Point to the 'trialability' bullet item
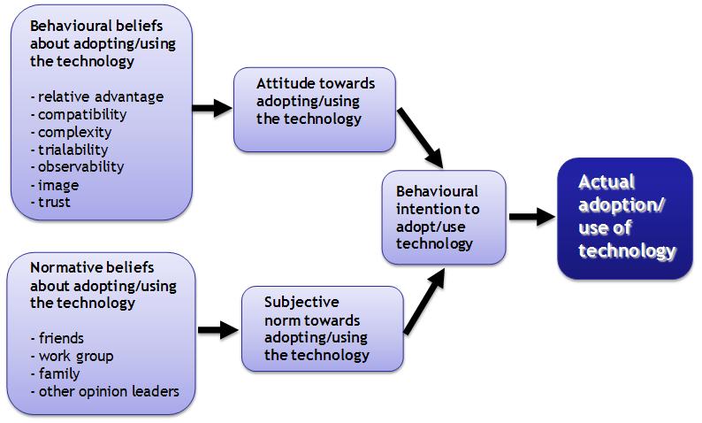(72, 150)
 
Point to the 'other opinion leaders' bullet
(104, 391)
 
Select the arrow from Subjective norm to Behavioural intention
(422, 304)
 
